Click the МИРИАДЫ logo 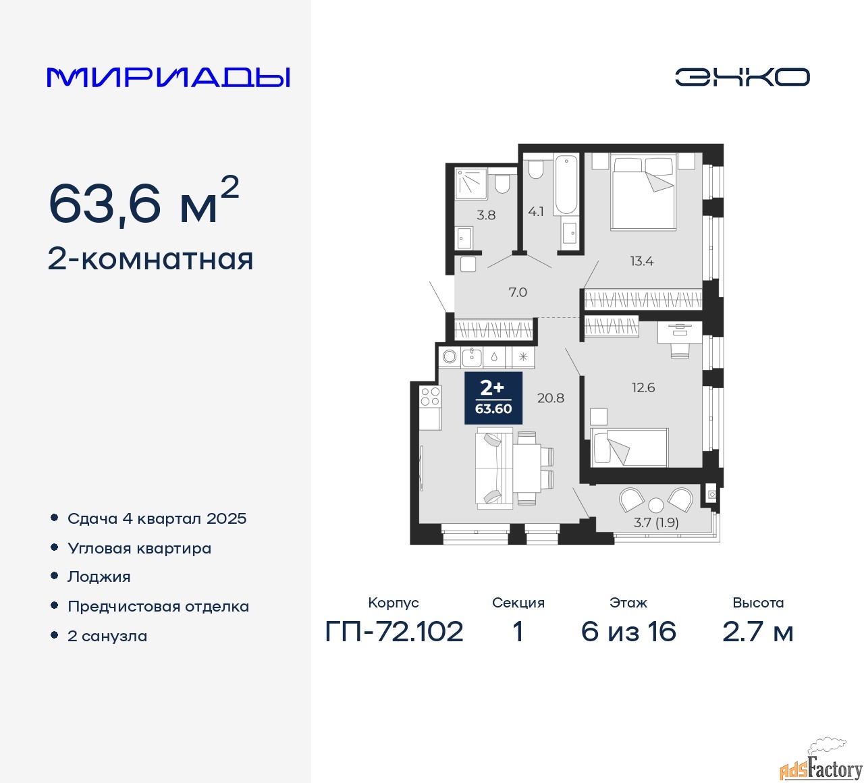point(169,77)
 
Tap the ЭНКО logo point(742,77)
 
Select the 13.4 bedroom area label point(641,261)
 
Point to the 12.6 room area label point(643,387)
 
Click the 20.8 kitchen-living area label point(550,398)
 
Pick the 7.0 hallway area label point(518,292)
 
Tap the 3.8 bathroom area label point(486,215)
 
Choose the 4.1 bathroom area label point(536,212)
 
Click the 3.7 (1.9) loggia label point(656,522)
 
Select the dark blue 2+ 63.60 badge point(493,398)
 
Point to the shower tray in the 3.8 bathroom point(471,184)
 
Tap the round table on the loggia point(656,504)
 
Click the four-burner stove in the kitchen point(430,396)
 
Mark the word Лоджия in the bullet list point(99,576)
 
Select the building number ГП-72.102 point(394,632)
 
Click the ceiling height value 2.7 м point(757,632)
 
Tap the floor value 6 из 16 point(628,632)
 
